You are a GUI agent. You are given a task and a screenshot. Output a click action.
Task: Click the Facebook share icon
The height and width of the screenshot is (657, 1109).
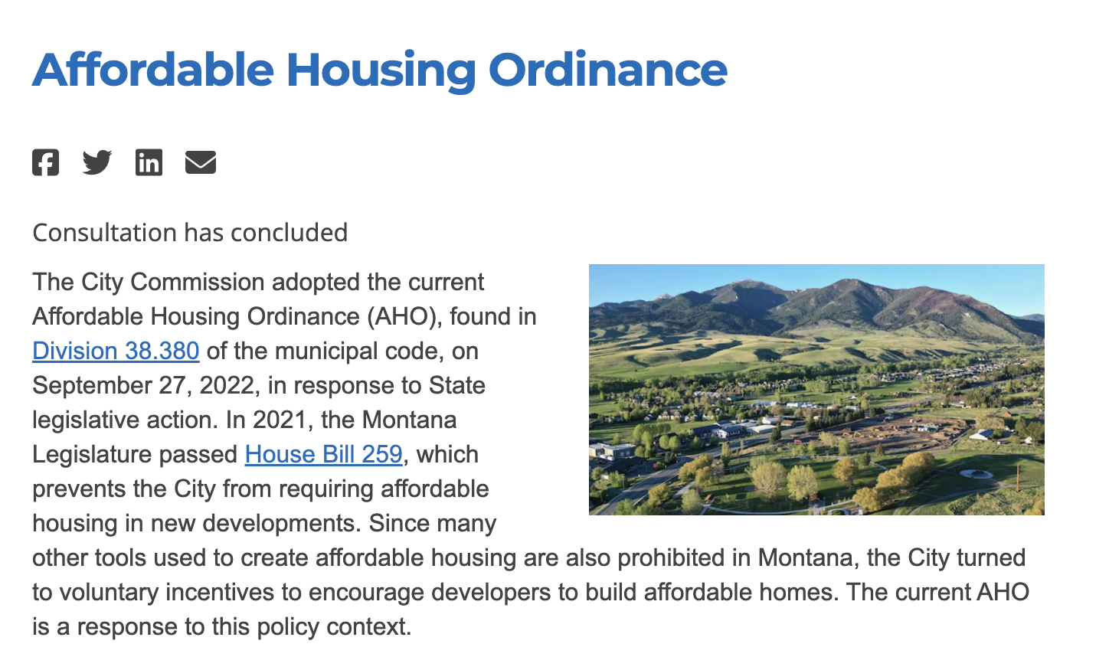pyautogui.click(x=45, y=162)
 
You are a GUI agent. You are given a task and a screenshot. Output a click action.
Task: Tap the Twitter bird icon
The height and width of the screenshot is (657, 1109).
pyautogui.click(x=97, y=162)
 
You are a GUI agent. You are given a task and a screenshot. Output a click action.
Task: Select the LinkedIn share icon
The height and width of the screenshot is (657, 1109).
pyautogui.click(x=149, y=162)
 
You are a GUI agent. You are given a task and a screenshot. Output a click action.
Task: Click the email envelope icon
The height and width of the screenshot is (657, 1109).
pyautogui.click(x=201, y=162)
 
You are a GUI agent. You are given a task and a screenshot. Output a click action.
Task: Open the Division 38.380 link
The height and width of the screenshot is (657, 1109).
pyautogui.click(x=116, y=351)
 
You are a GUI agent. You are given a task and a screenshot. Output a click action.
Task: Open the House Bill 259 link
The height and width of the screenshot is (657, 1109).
pyautogui.click(x=324, y=455)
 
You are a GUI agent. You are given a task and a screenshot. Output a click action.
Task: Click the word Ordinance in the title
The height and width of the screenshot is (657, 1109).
pyautogui.click(x=608, y=70)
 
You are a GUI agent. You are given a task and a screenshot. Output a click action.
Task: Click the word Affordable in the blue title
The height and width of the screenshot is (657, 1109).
pyautogui.click(x=153, y=70)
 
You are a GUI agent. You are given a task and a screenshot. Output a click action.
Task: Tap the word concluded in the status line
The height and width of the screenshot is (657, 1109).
pyautogui.click(x=290, y=233)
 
